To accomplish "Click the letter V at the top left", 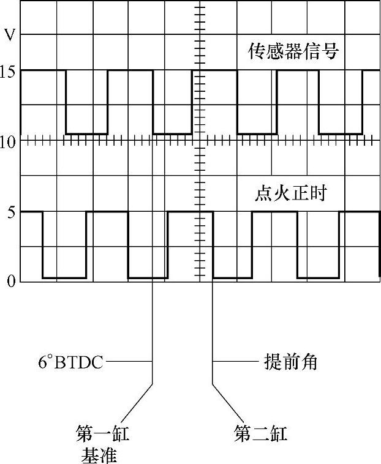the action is tap(10, 34).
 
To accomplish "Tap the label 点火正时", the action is tap(290, 195).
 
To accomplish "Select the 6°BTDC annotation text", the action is tap(69, 362).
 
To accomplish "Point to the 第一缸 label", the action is tap(102, 434).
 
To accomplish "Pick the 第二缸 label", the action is tap(260, 434).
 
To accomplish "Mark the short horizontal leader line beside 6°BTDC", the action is tap(128, 362).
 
